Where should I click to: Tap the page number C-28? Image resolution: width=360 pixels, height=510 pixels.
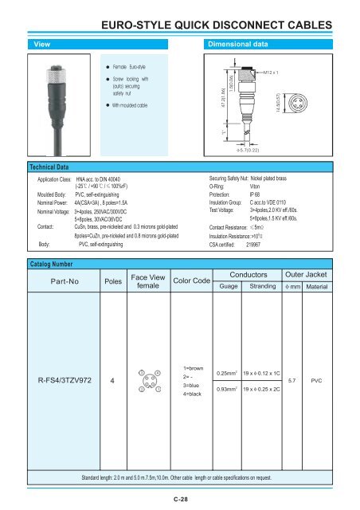tap(180, 500)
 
